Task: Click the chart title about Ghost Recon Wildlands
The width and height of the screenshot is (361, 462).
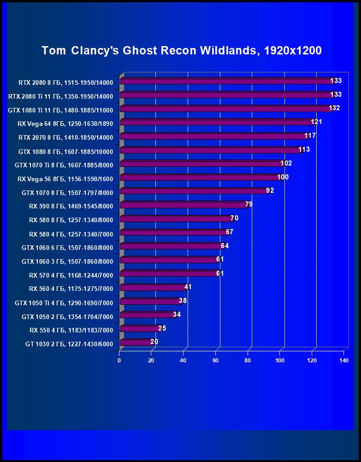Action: pos(181,50)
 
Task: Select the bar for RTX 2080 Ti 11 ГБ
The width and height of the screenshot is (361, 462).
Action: pos(226,95)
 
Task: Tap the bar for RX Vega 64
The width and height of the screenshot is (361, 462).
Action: pos(217,123)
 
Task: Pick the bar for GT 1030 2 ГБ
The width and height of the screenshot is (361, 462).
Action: pos(136,343)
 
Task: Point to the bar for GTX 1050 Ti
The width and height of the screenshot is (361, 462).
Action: pos(150,302)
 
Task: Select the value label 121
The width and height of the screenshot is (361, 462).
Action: pos(316,122)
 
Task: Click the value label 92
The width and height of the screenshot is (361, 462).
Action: pos(270,190)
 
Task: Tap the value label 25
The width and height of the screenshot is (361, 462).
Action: pos(162,328)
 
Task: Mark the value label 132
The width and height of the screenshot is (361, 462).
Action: pos(334,108)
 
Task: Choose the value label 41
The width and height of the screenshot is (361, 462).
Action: pos(188,287)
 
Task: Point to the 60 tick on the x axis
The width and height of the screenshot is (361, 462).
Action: pos(215,360)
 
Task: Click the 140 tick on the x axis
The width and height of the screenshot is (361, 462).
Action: pos(343,360)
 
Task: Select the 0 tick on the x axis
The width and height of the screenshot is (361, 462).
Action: pos(119,360)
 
